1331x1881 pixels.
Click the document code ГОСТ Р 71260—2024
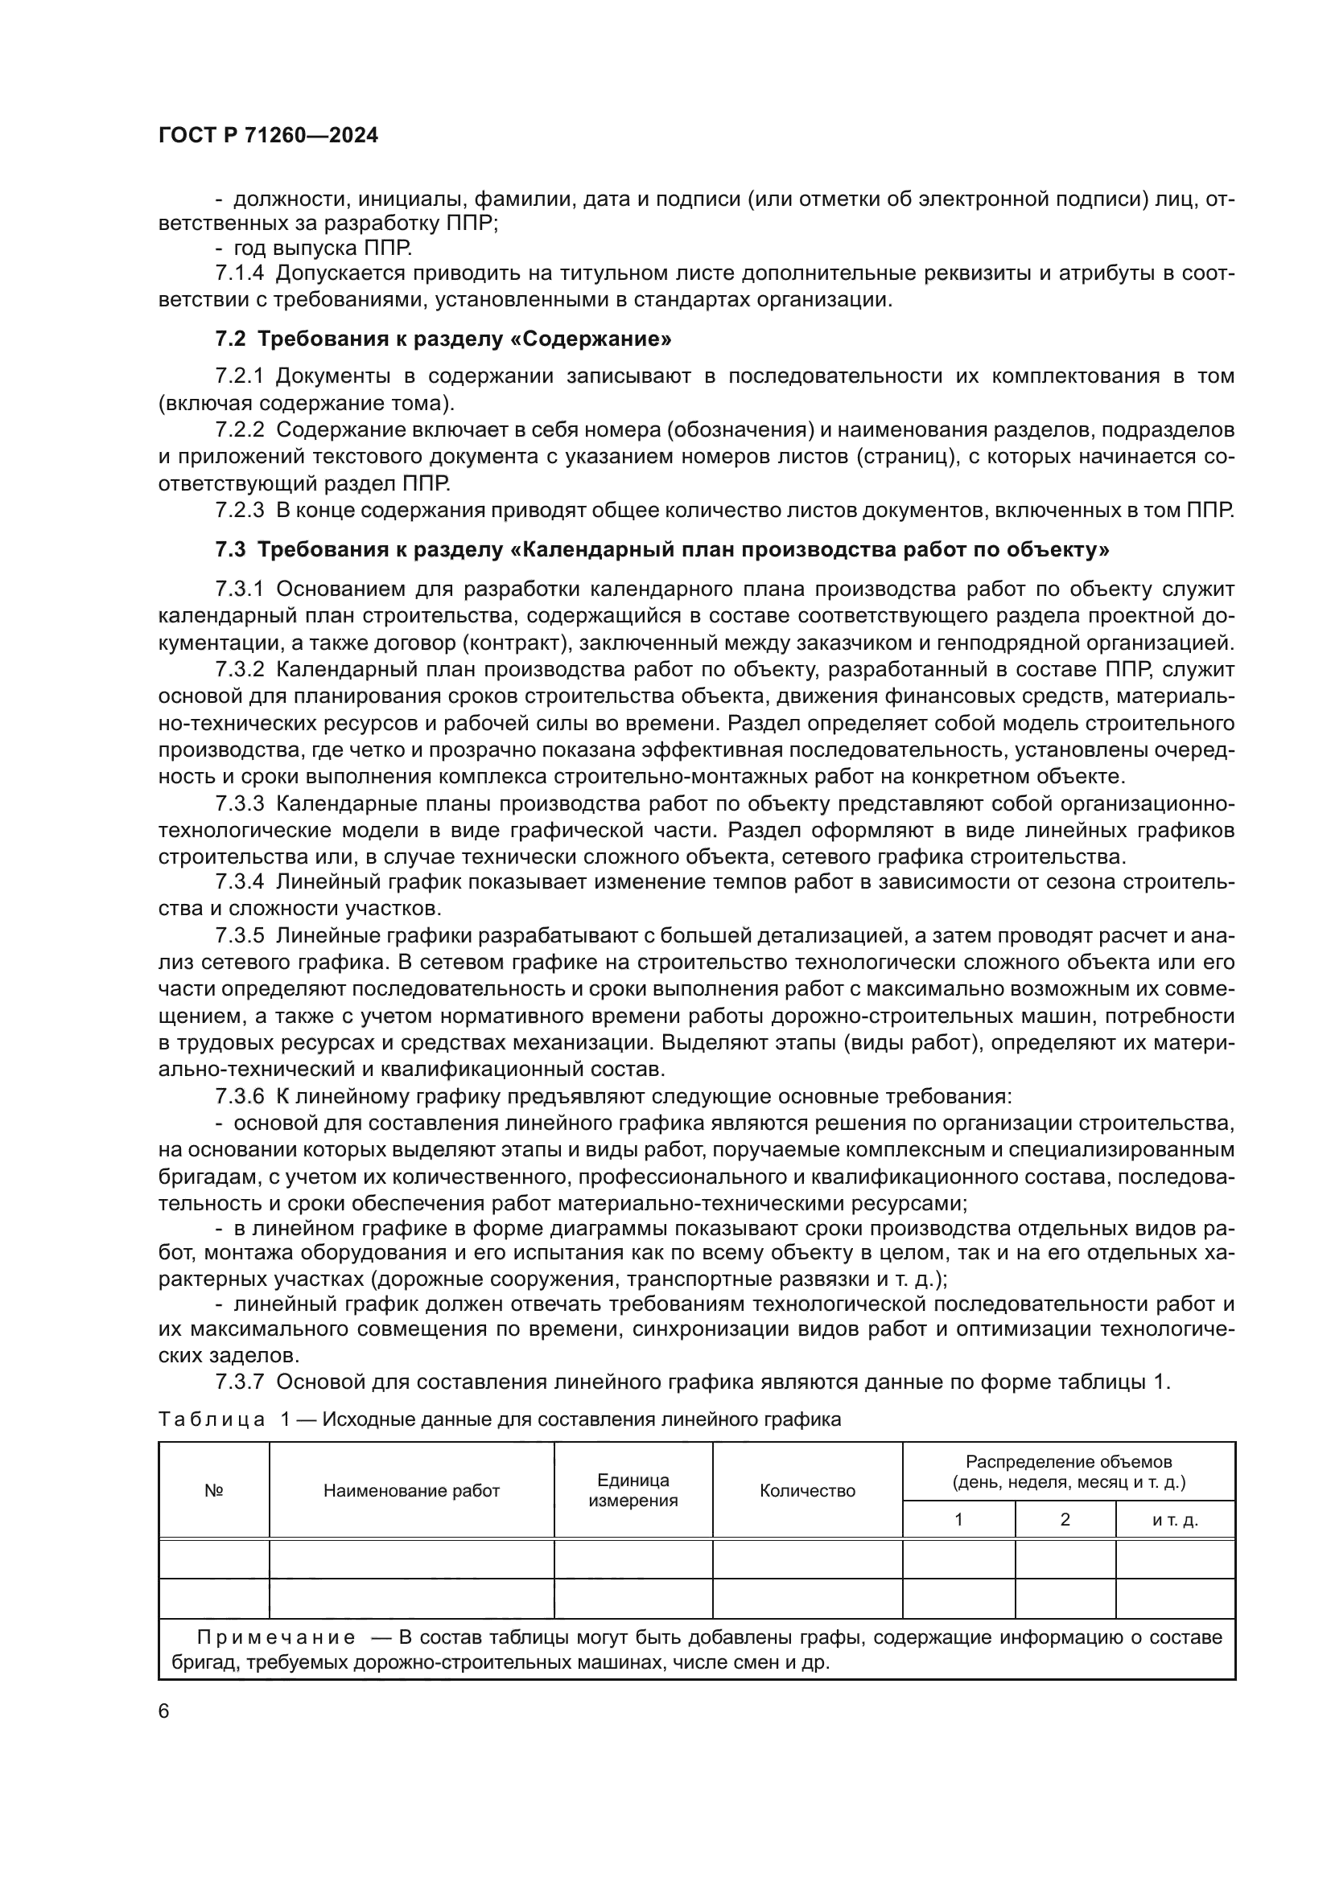point(268,136)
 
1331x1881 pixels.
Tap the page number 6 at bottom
point(164,1711)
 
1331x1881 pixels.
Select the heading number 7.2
point(230,339)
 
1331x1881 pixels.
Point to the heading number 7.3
point(230,550)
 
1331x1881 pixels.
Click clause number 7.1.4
point(239,273)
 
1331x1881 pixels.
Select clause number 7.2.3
point(239,511)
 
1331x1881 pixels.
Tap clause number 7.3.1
point(239,589)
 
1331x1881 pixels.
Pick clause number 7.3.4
point(239,882)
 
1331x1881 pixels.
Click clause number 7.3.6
point(239,1096)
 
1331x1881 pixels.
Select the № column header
point(214,1490)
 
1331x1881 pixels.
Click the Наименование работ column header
point(411,1490)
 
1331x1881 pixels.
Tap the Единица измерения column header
point(633,1490)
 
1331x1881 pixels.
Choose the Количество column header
point(807,1490)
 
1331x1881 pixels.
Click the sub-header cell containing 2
point(1065,1519)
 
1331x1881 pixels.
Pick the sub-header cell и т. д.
point(1175,1520)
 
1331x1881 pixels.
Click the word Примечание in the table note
point(276,1637)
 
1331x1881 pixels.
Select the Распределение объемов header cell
point(1069,1472)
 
